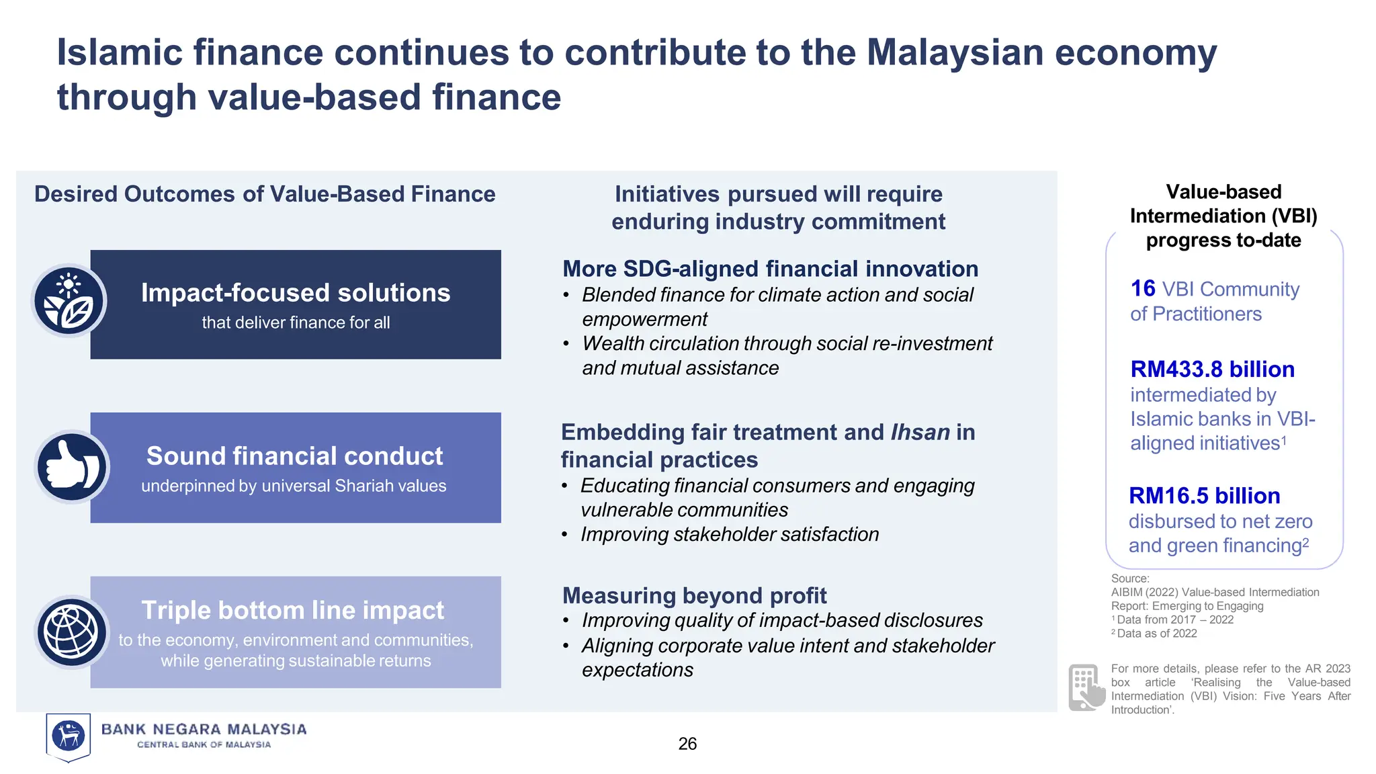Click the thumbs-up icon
click(71, 467)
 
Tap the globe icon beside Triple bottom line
click(71, 632)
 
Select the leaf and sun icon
click(69, 301)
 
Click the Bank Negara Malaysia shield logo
click(69, 736)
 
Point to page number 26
click(687, 744)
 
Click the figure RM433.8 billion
click(1212, 369)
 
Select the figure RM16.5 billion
click(1204, 496)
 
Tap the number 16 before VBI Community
click(1142, 289)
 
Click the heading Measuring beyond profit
click(694, 595)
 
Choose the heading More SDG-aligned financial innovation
click(770, 269)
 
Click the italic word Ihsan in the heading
click(920, 432)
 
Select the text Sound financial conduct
click(294, 456)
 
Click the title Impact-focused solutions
click(296, 293)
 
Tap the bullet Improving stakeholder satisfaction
click(730, 534)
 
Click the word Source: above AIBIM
click(1130, 578)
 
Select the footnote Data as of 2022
click(1156, 634)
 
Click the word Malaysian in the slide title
click(955, 52)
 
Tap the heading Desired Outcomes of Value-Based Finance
click(265, 194)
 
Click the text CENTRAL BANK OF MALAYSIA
click(204, 744)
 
